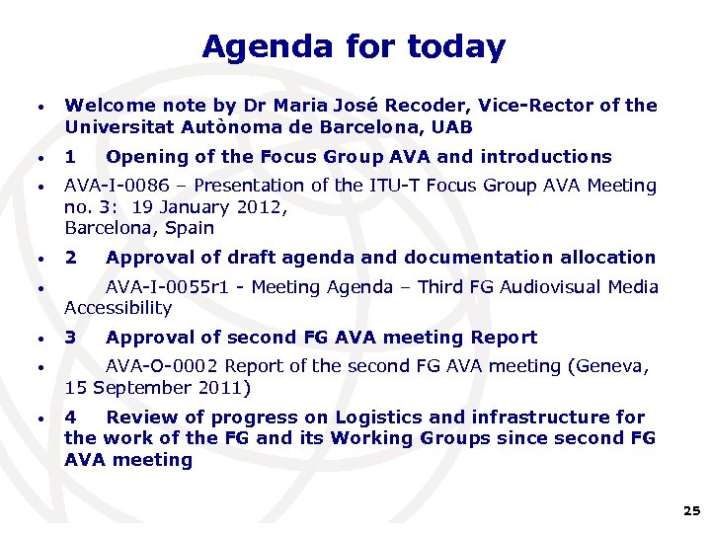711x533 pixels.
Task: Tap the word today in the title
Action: point(453,46)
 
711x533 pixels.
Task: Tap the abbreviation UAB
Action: point(450,127)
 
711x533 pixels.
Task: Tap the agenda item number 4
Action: point(70,418)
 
